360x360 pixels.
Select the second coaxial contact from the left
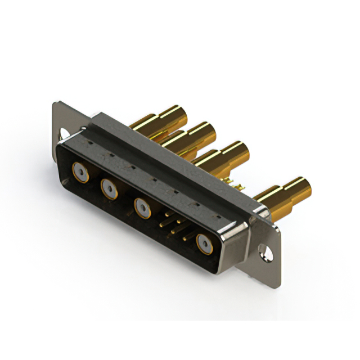109,188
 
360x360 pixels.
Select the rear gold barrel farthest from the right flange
172,116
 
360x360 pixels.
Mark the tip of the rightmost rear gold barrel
304,186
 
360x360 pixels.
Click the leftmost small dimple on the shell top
90,143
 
